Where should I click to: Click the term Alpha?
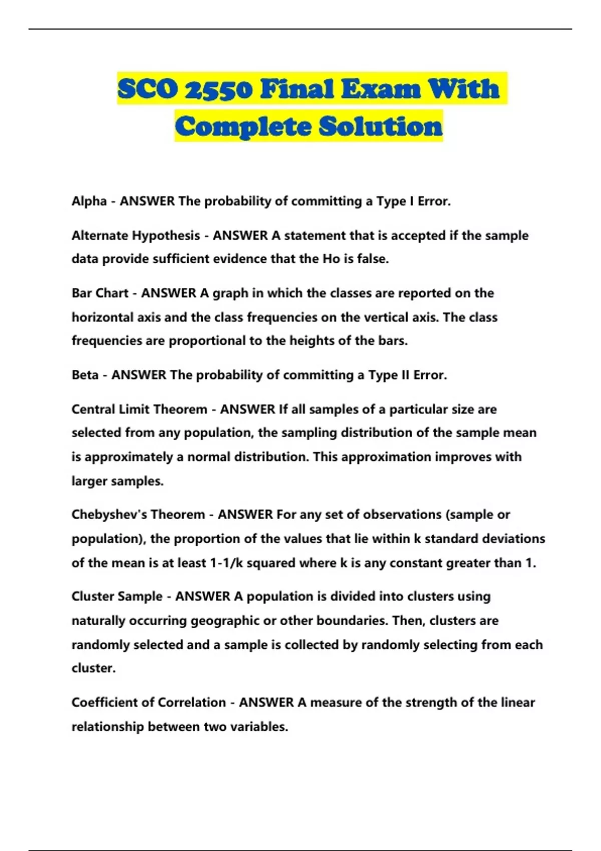click(x=89, y=201)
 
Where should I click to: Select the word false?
click(x=372, y=259)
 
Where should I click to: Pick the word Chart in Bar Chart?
click(x=111, y=293)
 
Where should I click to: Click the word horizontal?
click(x=102, y=317)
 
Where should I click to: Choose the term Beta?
click(x=85, y=375)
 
